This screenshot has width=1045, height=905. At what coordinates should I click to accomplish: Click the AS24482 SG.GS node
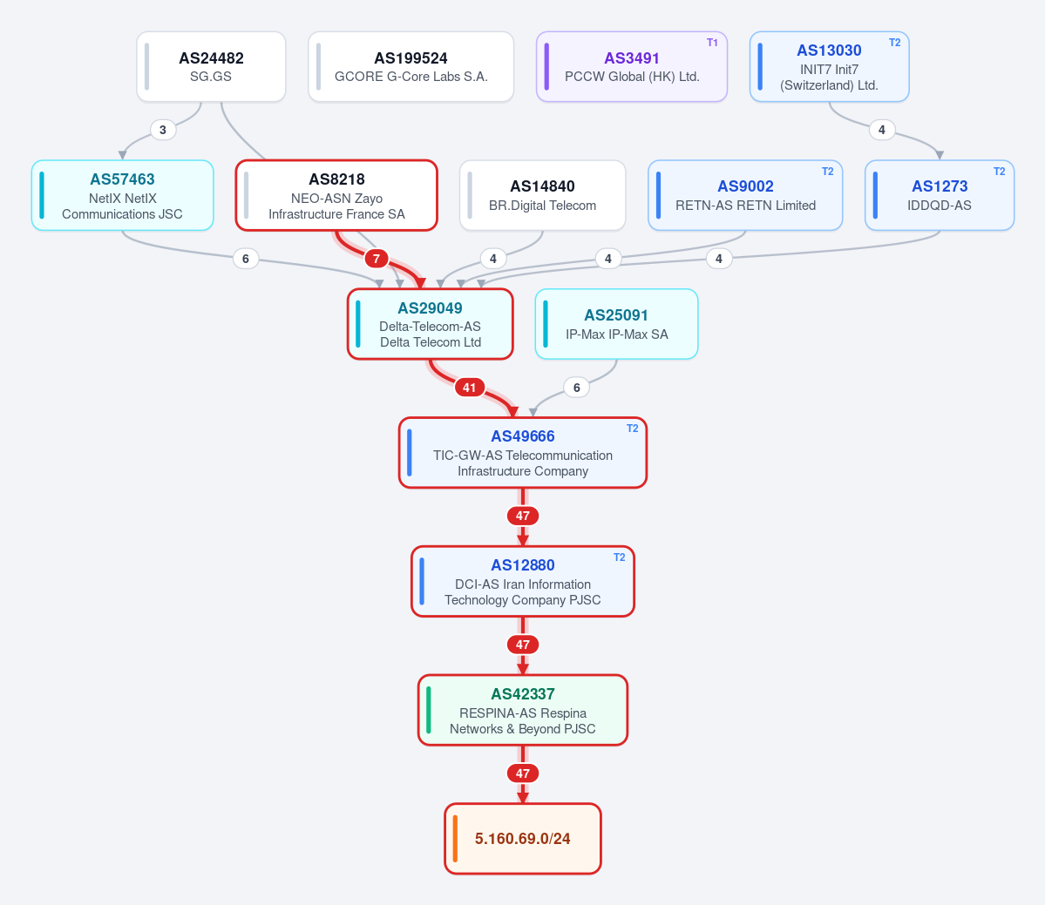point(211,66)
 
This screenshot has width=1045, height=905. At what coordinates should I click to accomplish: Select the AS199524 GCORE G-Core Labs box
point(411,66)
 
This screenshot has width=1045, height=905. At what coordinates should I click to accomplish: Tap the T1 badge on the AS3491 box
point(712,43)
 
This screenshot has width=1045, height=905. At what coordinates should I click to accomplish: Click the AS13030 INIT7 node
point(829,66)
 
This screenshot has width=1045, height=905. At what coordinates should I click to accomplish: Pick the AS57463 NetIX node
point(123,195)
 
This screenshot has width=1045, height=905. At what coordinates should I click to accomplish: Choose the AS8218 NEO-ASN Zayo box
point(336,195)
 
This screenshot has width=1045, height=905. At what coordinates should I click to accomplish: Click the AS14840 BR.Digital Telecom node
point(542,195)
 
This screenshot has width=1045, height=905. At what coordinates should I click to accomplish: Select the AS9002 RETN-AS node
point(745,195)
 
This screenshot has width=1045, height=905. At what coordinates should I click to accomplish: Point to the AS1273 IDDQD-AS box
point(939,195)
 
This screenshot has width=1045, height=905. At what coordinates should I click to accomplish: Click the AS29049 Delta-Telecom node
point(431,324)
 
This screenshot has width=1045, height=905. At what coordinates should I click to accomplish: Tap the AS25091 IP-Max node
point(616,324)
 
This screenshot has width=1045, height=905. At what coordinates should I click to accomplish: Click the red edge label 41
point(469,388)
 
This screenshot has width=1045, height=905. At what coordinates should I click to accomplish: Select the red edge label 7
point(377,259)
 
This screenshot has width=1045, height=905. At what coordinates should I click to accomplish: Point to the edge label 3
point(163,130)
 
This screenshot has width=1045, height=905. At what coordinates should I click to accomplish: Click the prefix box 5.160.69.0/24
point(523,839)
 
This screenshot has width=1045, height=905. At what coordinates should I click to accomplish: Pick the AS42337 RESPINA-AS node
point(523,710)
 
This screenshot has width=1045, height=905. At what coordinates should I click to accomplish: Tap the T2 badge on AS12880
point(619,557)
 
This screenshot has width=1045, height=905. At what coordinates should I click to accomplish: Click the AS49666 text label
point(523,436)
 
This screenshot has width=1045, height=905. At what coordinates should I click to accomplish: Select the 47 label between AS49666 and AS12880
point(523,517)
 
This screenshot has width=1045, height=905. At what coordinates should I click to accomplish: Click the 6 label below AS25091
point(576,388)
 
